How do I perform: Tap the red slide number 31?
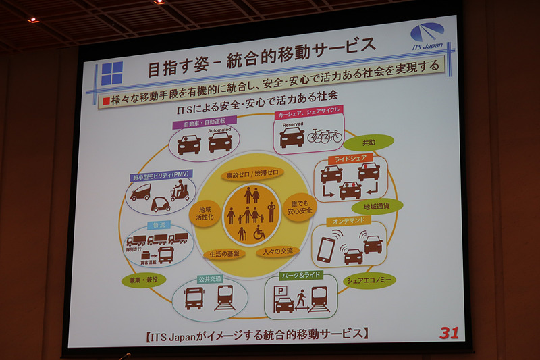(448, 332)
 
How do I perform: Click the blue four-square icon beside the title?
(112, 73)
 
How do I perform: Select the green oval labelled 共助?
(368, 143)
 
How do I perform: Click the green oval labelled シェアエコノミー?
(370, 279)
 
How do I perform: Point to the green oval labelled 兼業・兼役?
(143, 279)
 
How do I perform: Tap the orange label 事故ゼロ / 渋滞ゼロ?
(251, 175)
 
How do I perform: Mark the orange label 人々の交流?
(277, 251)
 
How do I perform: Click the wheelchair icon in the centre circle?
(259, 233)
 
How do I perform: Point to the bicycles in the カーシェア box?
(325, 135)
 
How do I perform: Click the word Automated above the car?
(220, 130)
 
